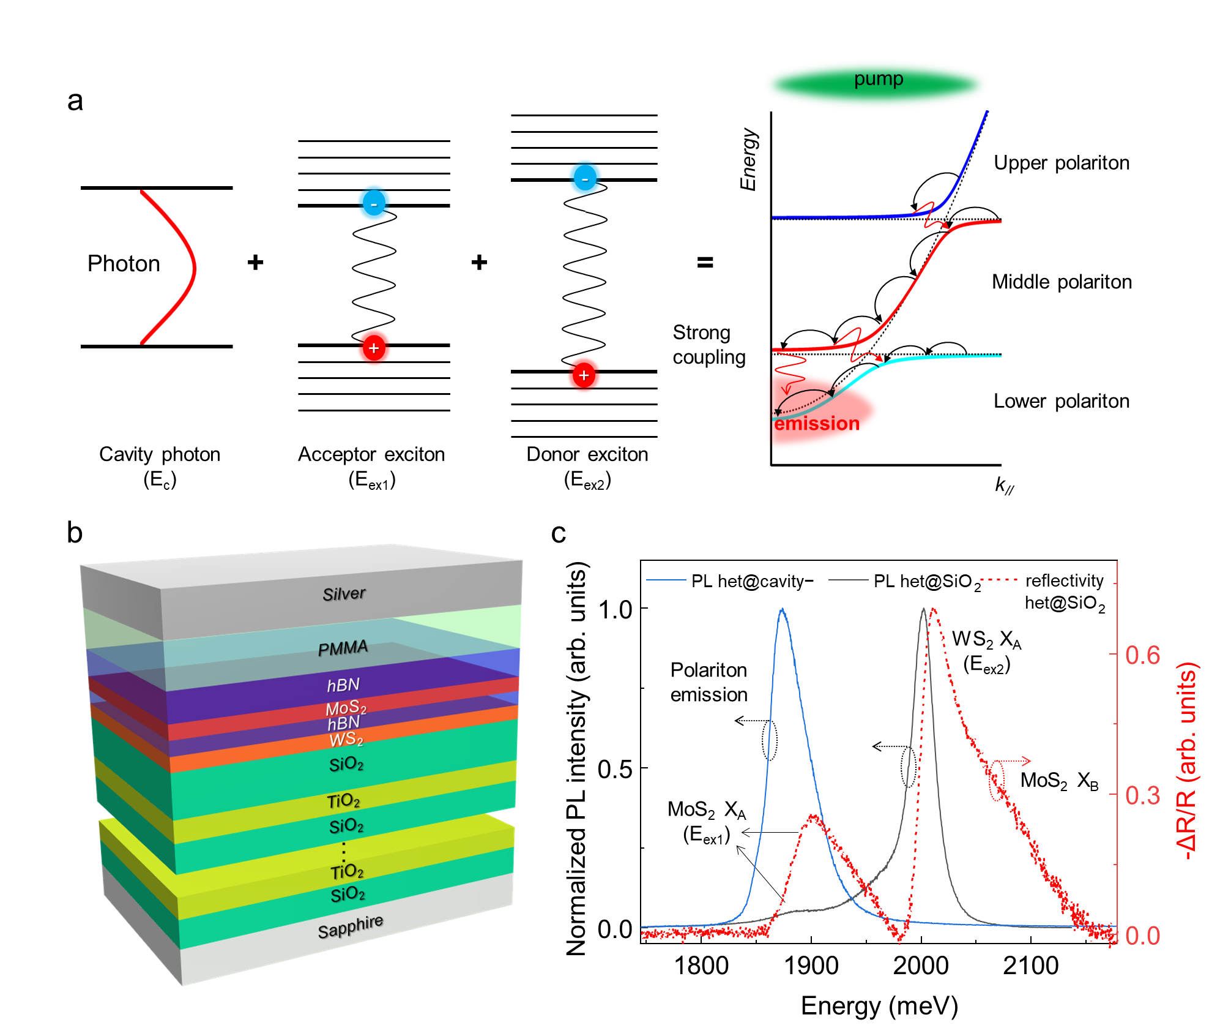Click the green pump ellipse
click(876, 83)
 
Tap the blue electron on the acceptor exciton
click(374, 203)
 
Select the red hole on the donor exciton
click(584, 375)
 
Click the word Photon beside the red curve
click(124, 263)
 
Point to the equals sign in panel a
click(705, 263)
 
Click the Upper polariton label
click(1062, 163)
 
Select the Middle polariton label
click(1062, 282)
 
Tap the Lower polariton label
click(1062, 401)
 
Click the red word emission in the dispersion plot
click(817, 423)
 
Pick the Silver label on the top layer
click(344, 593)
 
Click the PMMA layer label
click(343, 648)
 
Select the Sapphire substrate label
click(350, 926)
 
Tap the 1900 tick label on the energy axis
click(811, 966)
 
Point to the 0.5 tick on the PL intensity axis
click(615, 769)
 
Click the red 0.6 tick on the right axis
click(1142, 655)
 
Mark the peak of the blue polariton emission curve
click(782, 609)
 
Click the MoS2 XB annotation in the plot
click(1059, 781)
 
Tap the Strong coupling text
click(709, 345)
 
